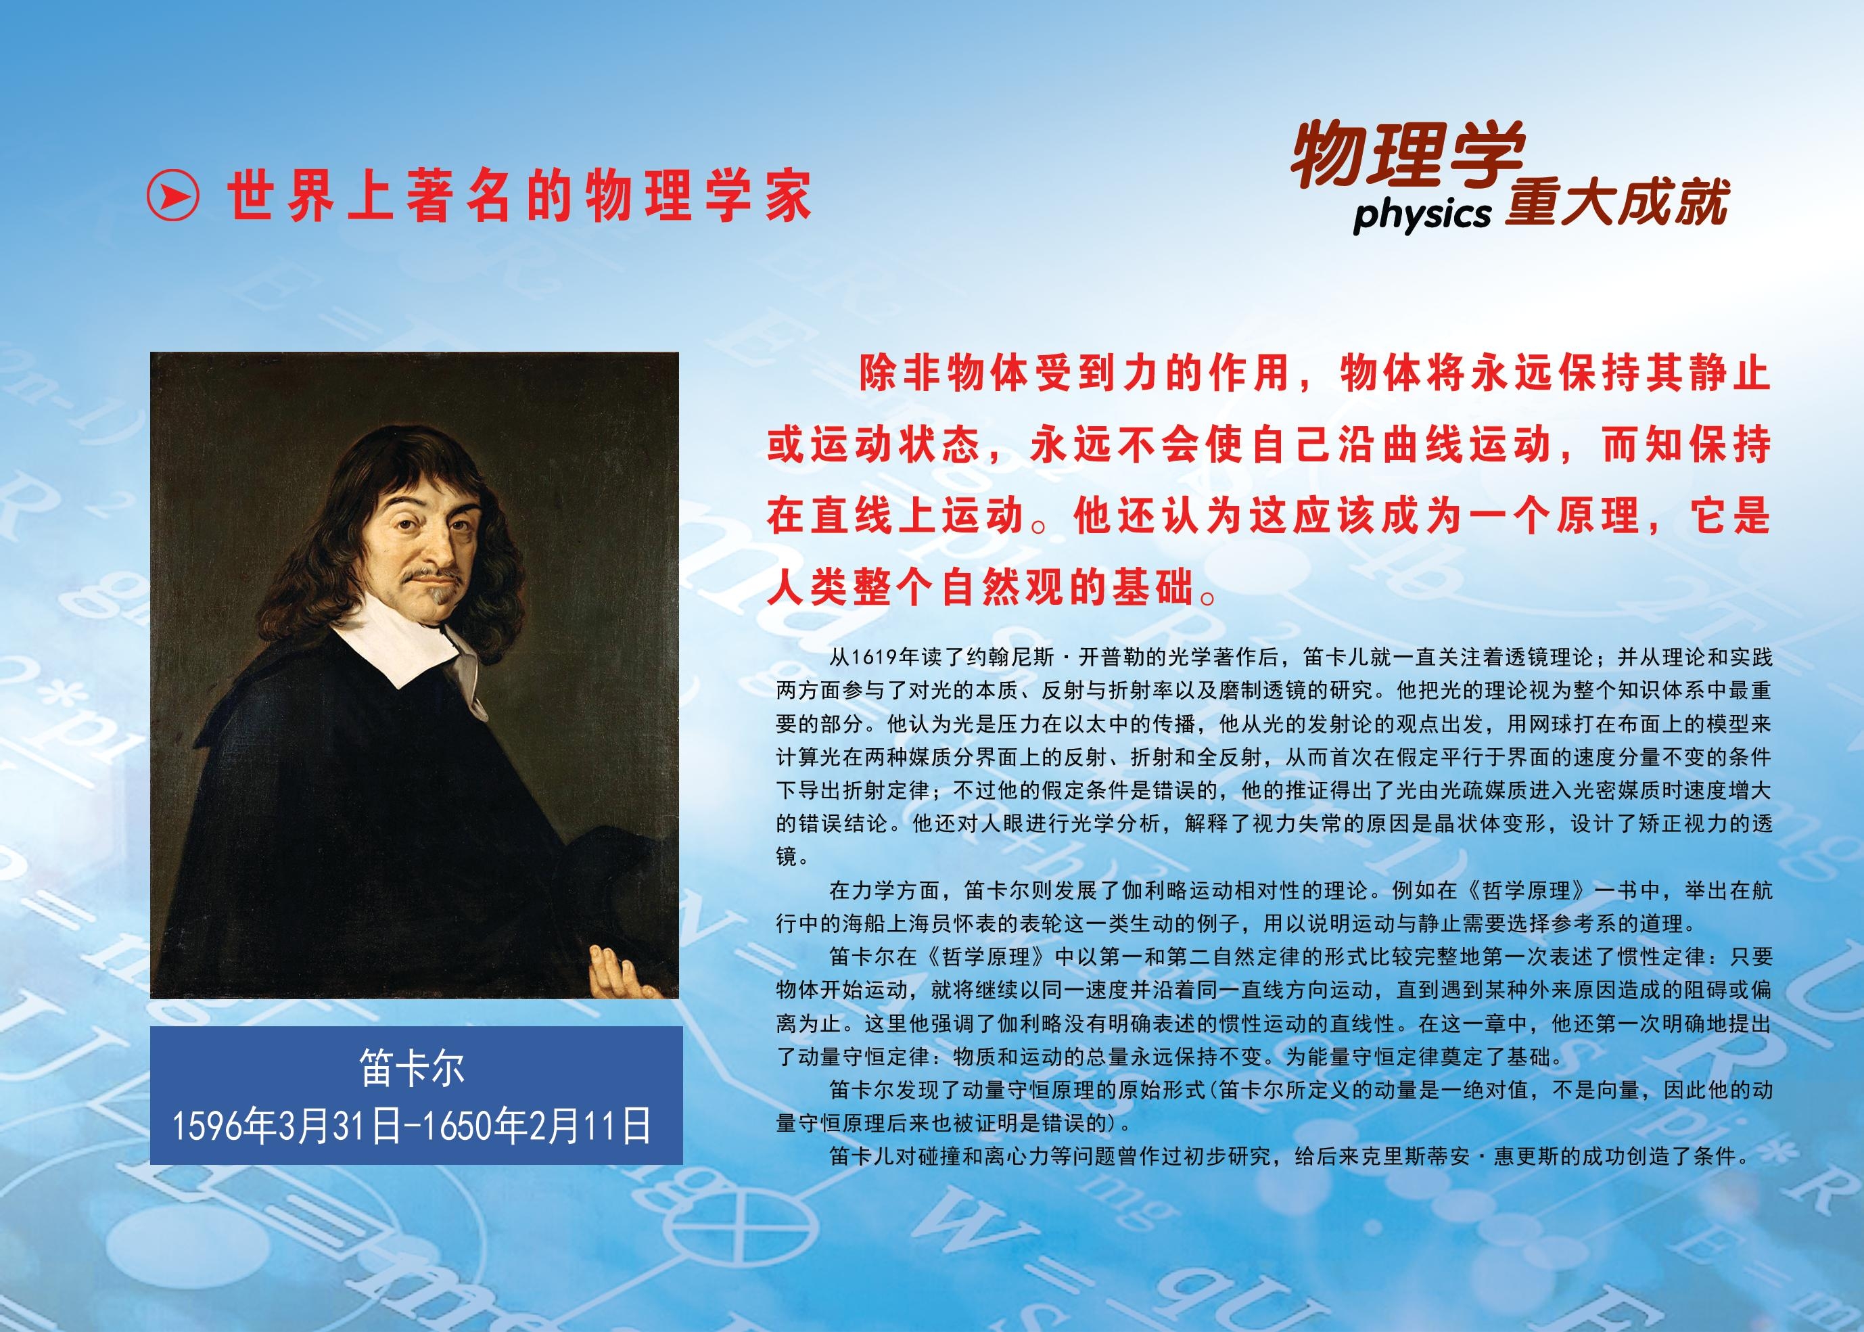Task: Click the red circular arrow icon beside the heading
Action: coord(172,196)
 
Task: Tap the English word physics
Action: coord(1421,216)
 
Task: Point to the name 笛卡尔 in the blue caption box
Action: coord(413,1069)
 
